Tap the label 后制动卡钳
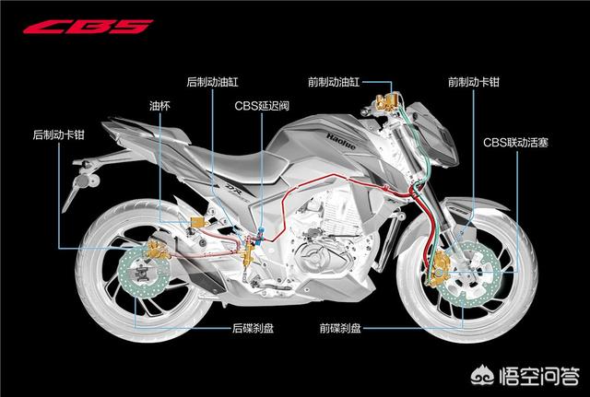[57, 134]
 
